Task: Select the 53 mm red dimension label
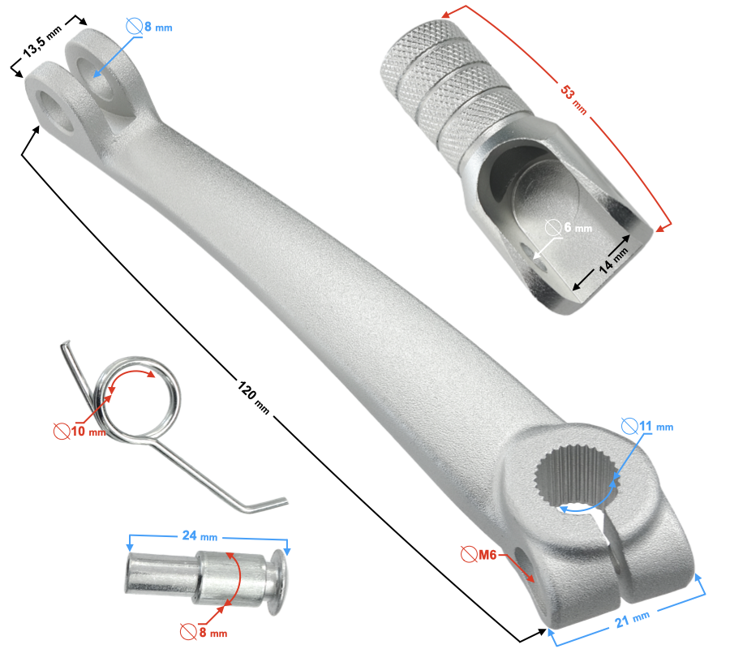point(573,95)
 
